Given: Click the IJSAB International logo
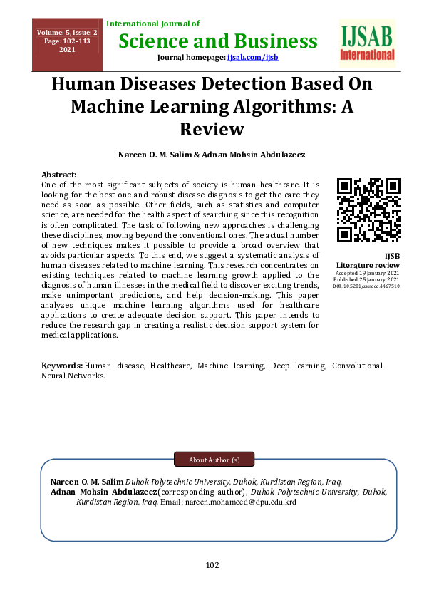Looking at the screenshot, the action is [x=368, y=43].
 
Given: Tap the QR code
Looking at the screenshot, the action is [x=368, y=210].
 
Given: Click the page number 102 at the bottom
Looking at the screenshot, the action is [x=212, y=565].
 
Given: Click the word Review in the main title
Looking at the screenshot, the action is [x=212, y=130].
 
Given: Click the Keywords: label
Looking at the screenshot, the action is [x=62, y=366].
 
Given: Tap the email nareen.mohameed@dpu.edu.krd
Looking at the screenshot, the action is [x=240, y=502].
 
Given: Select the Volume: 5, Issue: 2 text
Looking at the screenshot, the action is [x=67, y=33].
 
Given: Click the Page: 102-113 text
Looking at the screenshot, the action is [x=67, y=41].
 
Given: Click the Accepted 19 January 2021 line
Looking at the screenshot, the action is [x=368, y=273].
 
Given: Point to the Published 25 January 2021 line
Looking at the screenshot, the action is [x=368, y=279].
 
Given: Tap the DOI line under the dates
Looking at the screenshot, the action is [x=368, y=286].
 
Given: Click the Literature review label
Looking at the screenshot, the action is [x=368, y=265].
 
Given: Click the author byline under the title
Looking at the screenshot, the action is [x=212, y=155].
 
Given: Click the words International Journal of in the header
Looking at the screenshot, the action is [x=152, y=24].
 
